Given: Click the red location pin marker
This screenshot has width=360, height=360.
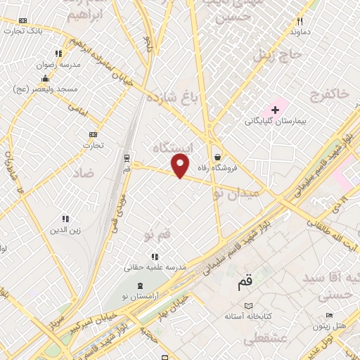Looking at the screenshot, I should click(181, 167).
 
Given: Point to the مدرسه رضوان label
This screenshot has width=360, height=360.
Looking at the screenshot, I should click(60, 64).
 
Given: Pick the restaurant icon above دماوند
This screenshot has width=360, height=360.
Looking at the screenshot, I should click(300, 22).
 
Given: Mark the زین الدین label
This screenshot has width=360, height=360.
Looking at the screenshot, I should click(65, 230).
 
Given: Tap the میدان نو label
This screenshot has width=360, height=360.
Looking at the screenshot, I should click(237, 192).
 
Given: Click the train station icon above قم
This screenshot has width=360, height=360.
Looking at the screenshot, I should click(127, 158).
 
